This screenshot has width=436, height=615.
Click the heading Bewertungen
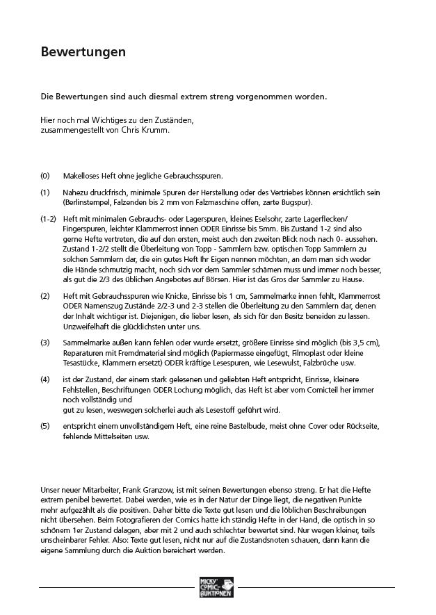(82, 52)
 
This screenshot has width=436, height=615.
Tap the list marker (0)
(45, 177)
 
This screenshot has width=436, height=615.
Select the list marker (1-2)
(48, 219)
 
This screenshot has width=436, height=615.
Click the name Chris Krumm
(150, 130)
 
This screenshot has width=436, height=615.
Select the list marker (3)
(45, 343)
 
